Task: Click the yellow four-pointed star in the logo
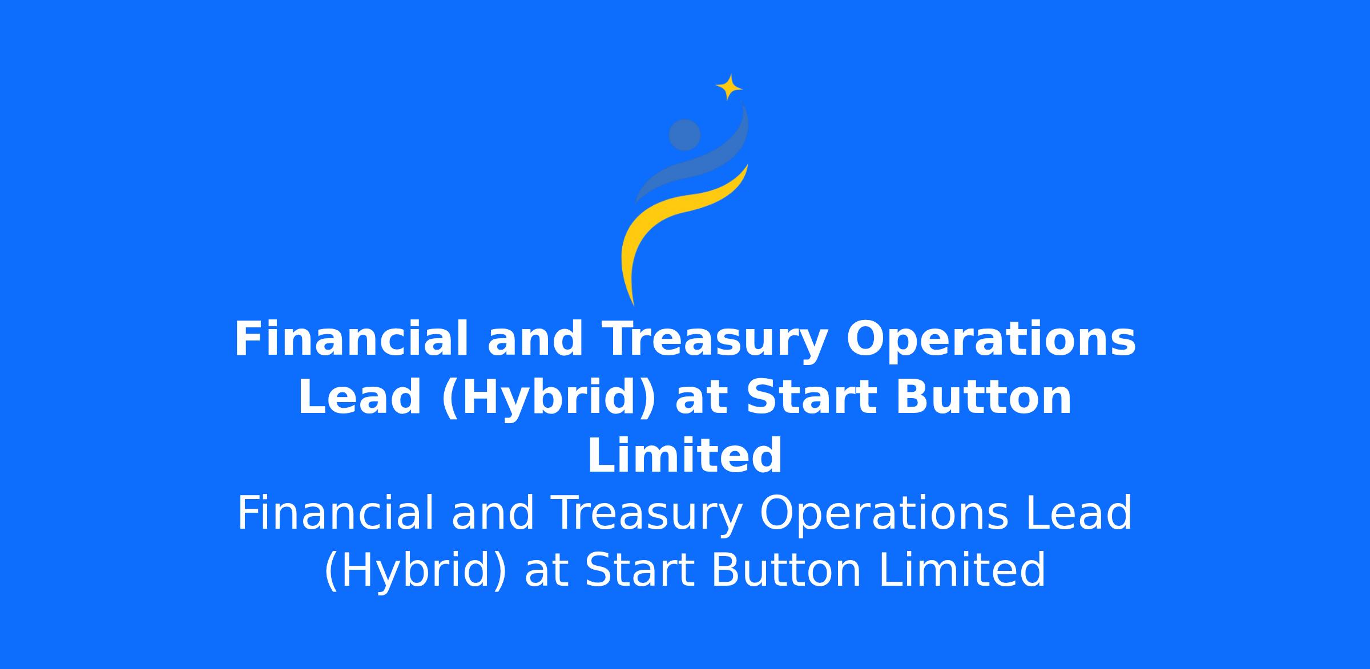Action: click(x=729, y=87)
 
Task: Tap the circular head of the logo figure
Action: click(x=684, y=135)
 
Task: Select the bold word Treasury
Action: click(x=714, y=340)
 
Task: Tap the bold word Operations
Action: click(x=991, y=340)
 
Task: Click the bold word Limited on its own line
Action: click(x=684, y=456)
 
